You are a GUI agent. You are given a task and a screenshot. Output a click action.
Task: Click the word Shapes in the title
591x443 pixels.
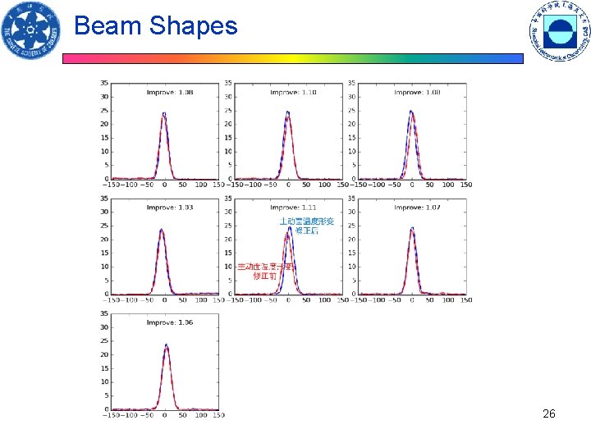point(193,26)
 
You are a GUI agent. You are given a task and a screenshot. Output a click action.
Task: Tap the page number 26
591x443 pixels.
point(549,414)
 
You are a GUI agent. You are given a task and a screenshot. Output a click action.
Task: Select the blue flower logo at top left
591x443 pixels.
point(31,31)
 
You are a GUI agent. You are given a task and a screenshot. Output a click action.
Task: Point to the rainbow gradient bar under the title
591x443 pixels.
point(292,59)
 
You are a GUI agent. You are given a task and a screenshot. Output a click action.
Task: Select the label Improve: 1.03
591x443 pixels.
point(170,208)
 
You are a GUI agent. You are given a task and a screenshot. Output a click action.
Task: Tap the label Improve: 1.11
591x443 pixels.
point(293,208)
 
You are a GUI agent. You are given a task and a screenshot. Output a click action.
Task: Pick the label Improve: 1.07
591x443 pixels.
point(417,208)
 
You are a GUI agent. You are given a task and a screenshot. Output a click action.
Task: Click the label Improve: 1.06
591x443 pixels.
point(170,322)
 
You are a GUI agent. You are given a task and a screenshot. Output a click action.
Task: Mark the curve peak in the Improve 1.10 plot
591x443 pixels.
point(287,112)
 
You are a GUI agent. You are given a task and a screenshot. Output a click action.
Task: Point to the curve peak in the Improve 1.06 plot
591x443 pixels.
point(166,345)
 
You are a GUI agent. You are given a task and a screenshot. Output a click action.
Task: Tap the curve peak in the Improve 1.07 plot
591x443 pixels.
point(412,228)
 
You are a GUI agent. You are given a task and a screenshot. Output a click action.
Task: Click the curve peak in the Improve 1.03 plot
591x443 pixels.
point(162,230)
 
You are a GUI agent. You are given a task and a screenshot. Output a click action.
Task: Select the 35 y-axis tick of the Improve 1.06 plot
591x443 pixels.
point(105,313)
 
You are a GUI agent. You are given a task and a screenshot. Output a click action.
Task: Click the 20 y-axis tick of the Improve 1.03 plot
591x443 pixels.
point(105,239)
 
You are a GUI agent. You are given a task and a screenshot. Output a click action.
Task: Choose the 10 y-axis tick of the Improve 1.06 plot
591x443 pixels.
point(105,381)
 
